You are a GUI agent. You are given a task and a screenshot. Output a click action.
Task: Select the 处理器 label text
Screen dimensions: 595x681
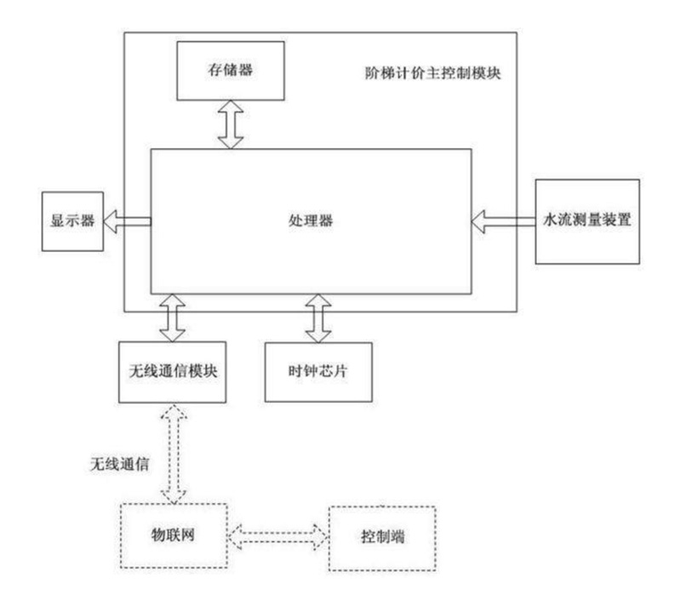click(x=310, y=220)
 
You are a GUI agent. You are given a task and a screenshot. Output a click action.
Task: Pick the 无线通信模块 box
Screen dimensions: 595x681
click(x=174, y=371)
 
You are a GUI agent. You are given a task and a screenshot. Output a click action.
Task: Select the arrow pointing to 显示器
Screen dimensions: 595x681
click(x=125, y=222)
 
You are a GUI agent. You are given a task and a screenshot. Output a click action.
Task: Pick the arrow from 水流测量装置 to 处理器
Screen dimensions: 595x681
click(x=501, y=221)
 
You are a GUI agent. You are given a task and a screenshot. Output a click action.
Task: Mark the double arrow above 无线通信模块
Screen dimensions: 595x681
click(x=173, y=315)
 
